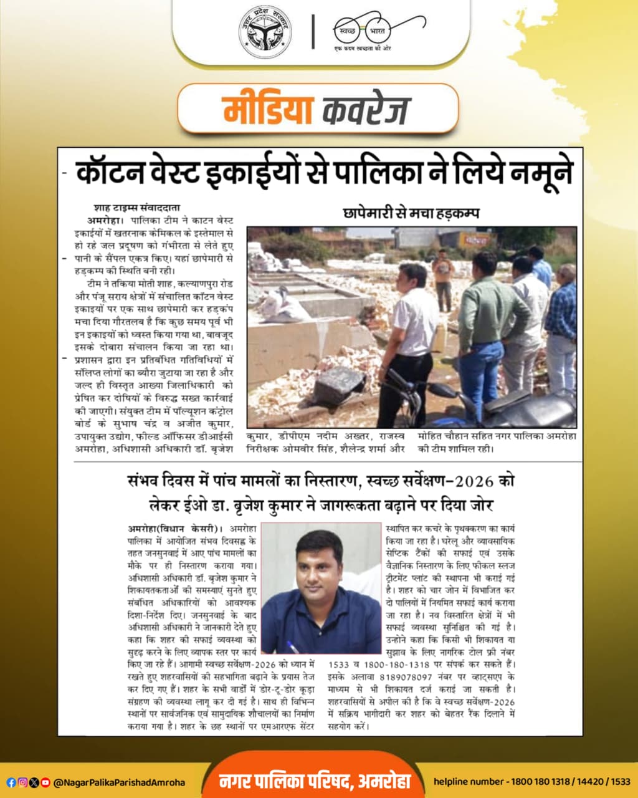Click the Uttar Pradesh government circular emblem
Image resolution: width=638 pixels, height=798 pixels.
pyautogui.click(x=265, y=31)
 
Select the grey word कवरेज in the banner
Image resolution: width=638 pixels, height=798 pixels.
pyautogui.click(x=367, y=110)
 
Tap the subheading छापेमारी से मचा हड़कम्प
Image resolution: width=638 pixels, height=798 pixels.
pyautogui.click(x=411, y=213)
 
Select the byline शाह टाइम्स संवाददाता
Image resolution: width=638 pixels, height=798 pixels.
pyautogui.click(x=137, y=208)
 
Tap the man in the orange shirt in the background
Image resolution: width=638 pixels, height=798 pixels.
pyautogui.click(x=443, y=274)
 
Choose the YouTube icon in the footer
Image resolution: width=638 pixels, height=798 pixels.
pyautogui.click(x=45, y=782)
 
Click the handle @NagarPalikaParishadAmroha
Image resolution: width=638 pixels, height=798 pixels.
pyautogui.click(x=119, y=782)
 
